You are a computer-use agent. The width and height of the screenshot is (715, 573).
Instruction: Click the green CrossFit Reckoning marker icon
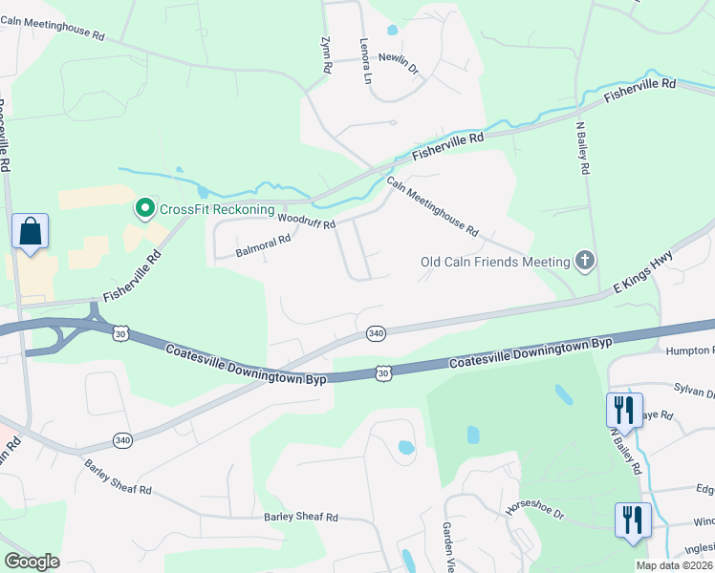click(145, 208)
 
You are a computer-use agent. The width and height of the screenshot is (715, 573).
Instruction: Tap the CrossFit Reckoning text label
click(217, 209)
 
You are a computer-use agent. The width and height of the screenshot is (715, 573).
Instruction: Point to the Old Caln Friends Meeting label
click(495, 261)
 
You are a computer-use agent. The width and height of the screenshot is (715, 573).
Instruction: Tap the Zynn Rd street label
click(324, 48)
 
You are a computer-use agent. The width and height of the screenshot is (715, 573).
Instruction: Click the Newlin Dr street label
click(400, 63)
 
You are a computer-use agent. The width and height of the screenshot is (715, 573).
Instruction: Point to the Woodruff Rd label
click(306, 222)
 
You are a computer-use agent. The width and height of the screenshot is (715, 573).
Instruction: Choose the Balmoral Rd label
click(262, 246)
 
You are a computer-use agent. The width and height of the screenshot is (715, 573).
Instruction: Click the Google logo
click(32, 562)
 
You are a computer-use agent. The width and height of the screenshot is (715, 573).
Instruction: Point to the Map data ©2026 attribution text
click(674, 565)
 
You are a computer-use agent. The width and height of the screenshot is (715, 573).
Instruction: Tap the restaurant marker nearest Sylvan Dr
click(623, 410)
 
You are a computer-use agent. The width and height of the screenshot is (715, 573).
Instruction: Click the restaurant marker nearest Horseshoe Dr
click(633, 520)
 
